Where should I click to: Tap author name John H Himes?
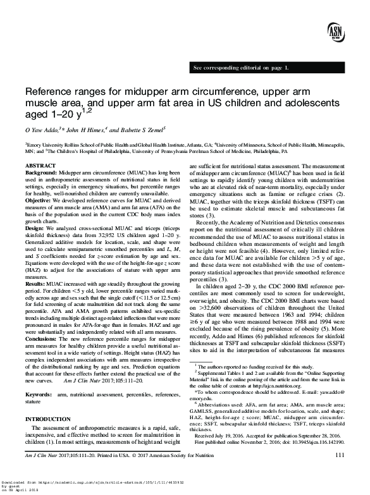(x=85, y=130)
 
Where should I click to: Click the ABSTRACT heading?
(x=37, y=165)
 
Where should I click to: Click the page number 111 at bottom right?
(x=340, y=472)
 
